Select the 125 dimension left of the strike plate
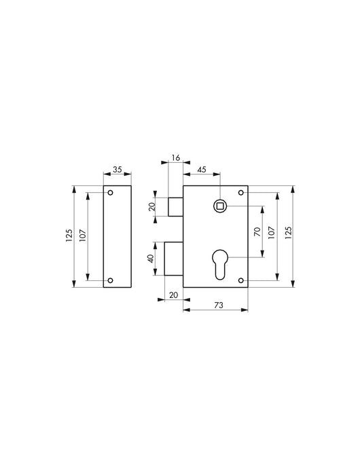pyautogui.click(x=69, y=236)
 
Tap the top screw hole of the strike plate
pyautogui.click(x=111, y=193)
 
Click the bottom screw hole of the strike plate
pyautogui.click(x=111, y=280)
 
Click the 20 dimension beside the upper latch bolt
pyautogui.click(x=153, y=206)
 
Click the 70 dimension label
pyautogui.click(x=257, y=231)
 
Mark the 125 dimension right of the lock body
pyautogui.click(x=289, y=231)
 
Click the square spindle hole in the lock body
pyautogui.click(x=219, y=205)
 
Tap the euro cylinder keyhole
pyautogui.click(x=219, y=265)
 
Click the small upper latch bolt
pyautogui.click(x=175, y=206)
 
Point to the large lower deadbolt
pyautogui.click(x=174, y=259)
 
